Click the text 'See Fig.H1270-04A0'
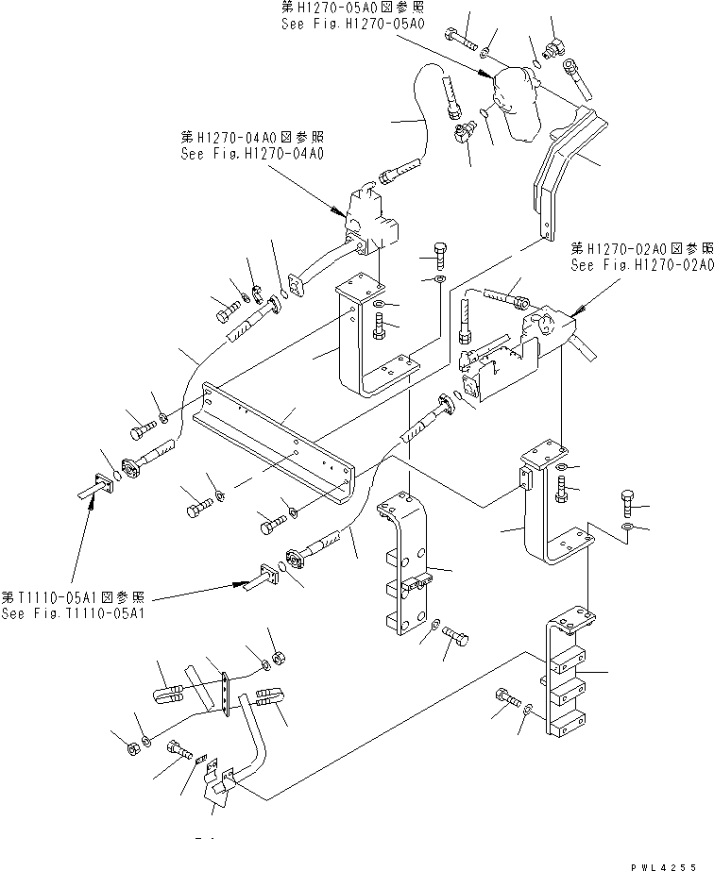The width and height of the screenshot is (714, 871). pos(249,152)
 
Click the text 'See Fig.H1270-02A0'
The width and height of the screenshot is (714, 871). pos(641,266)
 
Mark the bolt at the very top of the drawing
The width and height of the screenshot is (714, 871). pos(459,38)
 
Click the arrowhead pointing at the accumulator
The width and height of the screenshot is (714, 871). pos(485,74)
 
